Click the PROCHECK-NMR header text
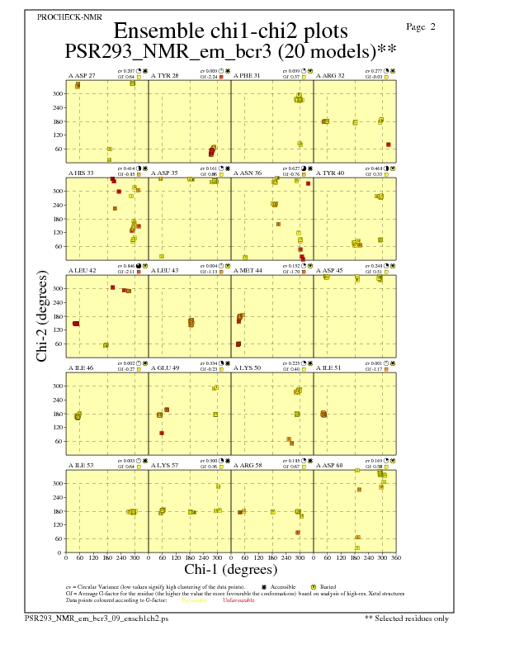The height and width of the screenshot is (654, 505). (59, 17)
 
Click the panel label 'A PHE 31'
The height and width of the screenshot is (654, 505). (247, 76)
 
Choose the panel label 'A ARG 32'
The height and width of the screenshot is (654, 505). (330, 76)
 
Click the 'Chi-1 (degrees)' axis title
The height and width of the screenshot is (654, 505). (230, 569)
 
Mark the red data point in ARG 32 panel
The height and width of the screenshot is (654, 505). (389, 145)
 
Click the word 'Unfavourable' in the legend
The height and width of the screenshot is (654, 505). (239, 600)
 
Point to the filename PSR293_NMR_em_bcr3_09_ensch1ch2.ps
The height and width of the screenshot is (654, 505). (97, 618)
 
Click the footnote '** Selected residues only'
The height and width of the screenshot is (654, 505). (408, 618)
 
